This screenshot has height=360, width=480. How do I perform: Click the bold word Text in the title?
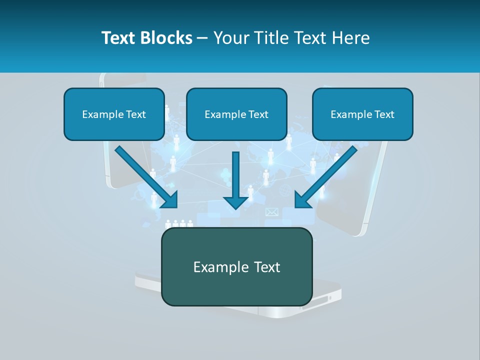(118, 38)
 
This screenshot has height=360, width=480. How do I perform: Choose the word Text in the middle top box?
(258, 114)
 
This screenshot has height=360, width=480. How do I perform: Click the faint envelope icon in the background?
(271, 212)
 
